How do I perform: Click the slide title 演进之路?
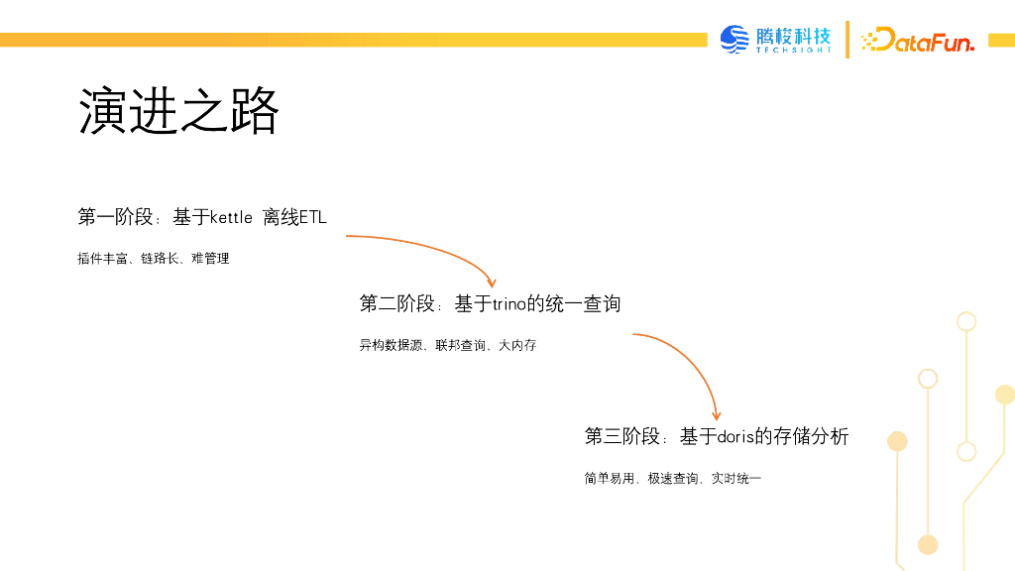coord(178,111)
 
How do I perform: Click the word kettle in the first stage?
coord(231,217)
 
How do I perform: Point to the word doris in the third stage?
coord(735,436)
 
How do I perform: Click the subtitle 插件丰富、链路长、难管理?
coord(154,259)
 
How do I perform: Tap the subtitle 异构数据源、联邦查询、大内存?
coord(448,346)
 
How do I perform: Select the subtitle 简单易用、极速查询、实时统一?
coord(673,479)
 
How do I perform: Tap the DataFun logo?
coord(919,41)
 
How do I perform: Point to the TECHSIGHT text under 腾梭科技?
coord(794,51)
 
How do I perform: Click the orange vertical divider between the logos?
coord(847,40)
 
